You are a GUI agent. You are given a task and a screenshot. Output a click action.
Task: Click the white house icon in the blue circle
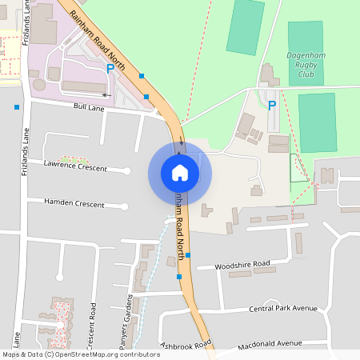pos(180,172)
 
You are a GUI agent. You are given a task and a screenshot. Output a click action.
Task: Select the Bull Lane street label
pos(89,106)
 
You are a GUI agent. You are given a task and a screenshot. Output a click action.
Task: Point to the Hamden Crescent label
pos(74,204)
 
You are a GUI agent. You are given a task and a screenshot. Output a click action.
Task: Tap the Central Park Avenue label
pos(283,308)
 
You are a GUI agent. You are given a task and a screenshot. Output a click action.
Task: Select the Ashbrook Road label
pos(186,345)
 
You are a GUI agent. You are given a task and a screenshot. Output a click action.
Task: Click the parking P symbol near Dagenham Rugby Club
pos(271,105)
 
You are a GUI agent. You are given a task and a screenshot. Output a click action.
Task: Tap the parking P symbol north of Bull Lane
pos(110,69)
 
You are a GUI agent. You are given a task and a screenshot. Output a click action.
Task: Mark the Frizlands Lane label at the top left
pos(26,24)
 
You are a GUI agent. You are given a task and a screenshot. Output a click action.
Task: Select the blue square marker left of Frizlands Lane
pos(17,106)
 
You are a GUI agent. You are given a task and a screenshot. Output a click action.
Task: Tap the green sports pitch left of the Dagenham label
pos(246,27)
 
